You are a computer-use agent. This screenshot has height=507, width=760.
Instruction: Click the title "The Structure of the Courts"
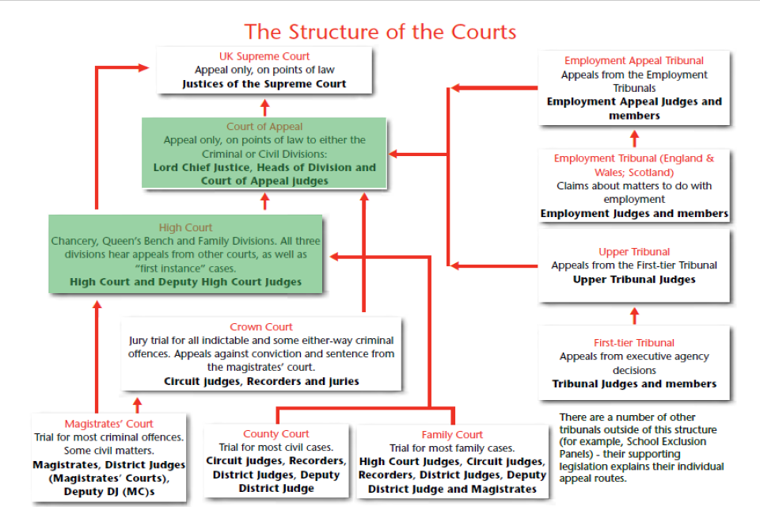[380, 32]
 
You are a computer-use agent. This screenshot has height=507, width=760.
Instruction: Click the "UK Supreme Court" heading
[264, 56]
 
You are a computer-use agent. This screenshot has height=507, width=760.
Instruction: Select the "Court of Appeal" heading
[264, 127]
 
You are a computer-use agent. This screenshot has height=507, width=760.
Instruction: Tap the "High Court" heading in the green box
[186, 227]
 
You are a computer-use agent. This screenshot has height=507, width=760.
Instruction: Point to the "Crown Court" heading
[261, 327]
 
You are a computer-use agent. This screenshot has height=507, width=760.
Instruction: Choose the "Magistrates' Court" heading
[109, 424]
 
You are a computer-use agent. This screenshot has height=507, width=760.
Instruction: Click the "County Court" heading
[276, 434]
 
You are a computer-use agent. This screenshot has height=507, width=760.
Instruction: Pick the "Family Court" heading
[452, 435]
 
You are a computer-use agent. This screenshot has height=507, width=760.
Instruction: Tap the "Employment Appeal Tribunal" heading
[633, 61]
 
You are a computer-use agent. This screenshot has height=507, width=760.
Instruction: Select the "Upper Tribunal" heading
[634, 252]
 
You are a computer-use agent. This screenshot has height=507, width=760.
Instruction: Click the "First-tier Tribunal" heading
[634, 343]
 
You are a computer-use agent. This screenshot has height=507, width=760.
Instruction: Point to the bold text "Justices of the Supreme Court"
[264, 83]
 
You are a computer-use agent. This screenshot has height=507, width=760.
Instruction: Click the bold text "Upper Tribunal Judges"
[634, 279]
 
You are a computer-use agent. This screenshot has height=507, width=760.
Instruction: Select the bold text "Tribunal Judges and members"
[634, 383]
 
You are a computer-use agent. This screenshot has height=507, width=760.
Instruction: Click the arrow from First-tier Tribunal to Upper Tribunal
[634, 315]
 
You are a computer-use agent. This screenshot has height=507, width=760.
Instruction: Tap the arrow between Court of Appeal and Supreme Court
[264, 106]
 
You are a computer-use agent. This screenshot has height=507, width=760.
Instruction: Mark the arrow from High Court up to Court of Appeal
[264, 200]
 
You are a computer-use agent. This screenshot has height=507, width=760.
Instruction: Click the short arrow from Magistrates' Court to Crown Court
[137, 404]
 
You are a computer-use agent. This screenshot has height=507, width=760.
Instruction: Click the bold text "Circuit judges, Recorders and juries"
[261, 381]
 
